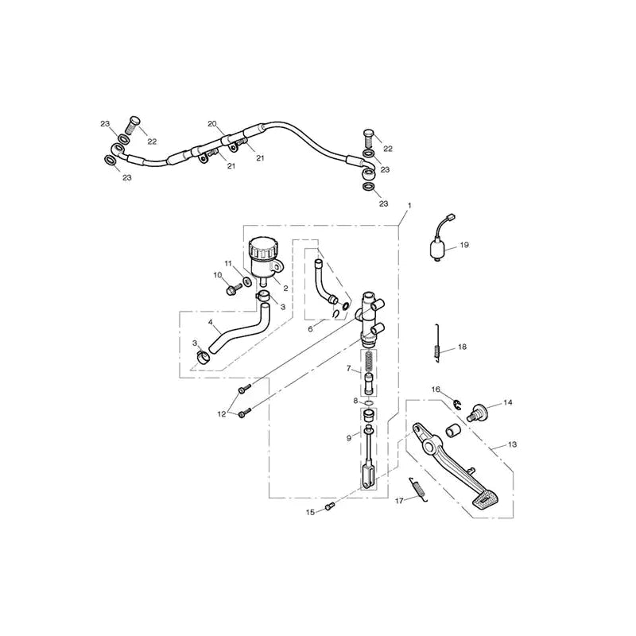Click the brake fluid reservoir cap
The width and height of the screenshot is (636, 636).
click(x=264, y=247)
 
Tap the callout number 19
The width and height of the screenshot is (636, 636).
click(x=464, y=245)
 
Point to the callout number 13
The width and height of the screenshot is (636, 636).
click(x=512, y=444)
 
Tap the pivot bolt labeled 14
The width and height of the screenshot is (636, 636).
click(x=477, y=413)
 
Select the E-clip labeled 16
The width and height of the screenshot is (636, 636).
click(x=456, y=405)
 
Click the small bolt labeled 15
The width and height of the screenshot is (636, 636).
click(x=329, y=506)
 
